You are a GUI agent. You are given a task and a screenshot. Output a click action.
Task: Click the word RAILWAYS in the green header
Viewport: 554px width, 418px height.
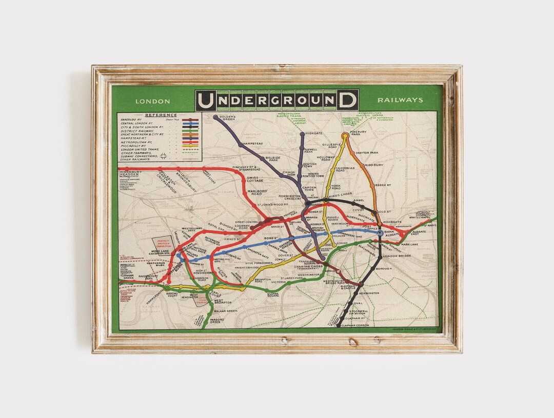[401, 100]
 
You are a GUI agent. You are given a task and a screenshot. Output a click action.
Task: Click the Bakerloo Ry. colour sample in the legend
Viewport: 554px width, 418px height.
[190, 120]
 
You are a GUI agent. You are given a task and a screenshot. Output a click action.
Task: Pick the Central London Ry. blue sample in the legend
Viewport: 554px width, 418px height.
[190, 124]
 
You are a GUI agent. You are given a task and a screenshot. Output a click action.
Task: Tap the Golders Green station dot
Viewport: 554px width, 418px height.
[215, 117]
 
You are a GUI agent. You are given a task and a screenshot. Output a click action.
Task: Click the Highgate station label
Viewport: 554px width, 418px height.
[314, 133]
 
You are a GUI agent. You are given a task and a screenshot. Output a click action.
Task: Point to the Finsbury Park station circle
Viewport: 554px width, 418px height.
[345, 136]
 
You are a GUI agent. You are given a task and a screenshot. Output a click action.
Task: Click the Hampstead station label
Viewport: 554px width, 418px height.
[252, 144]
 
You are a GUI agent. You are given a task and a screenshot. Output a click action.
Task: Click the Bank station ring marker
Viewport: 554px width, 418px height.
[380, 232]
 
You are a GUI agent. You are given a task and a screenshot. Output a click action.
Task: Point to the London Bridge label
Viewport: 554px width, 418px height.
[398, 256]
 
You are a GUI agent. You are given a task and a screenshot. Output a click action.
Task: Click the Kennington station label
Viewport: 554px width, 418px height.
[369, 293]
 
